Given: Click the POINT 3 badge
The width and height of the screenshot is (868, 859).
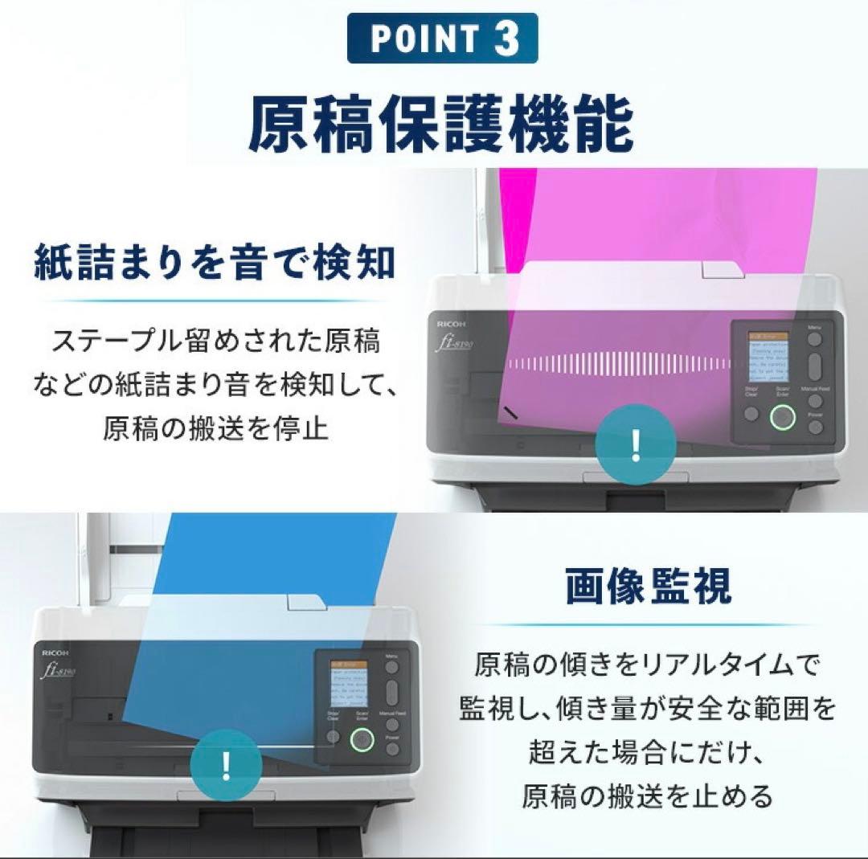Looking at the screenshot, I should (442, 38).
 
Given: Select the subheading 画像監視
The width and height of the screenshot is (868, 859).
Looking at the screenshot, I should (649, 587).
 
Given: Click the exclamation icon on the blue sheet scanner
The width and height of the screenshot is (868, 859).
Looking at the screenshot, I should (227, 763).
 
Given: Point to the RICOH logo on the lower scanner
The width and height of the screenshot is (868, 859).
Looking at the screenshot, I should (56, 653).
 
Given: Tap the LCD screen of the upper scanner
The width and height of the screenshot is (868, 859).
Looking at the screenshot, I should (768, 356).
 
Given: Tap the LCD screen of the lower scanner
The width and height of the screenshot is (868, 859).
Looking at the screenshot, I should (349, 684).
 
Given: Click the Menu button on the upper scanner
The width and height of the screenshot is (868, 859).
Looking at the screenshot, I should (815, 339).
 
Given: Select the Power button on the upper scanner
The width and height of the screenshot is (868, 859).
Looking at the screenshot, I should (816, 427).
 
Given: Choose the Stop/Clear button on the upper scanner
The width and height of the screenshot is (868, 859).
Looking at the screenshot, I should (751, 414).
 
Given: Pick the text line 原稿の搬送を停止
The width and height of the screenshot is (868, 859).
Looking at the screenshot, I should (215, 427).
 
